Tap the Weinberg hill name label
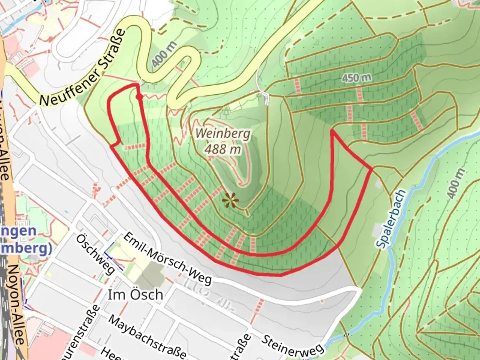(x=223, y=134)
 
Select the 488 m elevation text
(x=223, y=149)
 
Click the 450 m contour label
(x=356, y=78)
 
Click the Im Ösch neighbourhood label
(x=135, y=295)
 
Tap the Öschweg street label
(x=95, y=254)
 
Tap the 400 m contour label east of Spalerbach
(x=455, y=184)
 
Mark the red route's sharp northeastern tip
(x=332, y=131)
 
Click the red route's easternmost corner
(x=372, y=170)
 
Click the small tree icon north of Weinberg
(x=226, y=111)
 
